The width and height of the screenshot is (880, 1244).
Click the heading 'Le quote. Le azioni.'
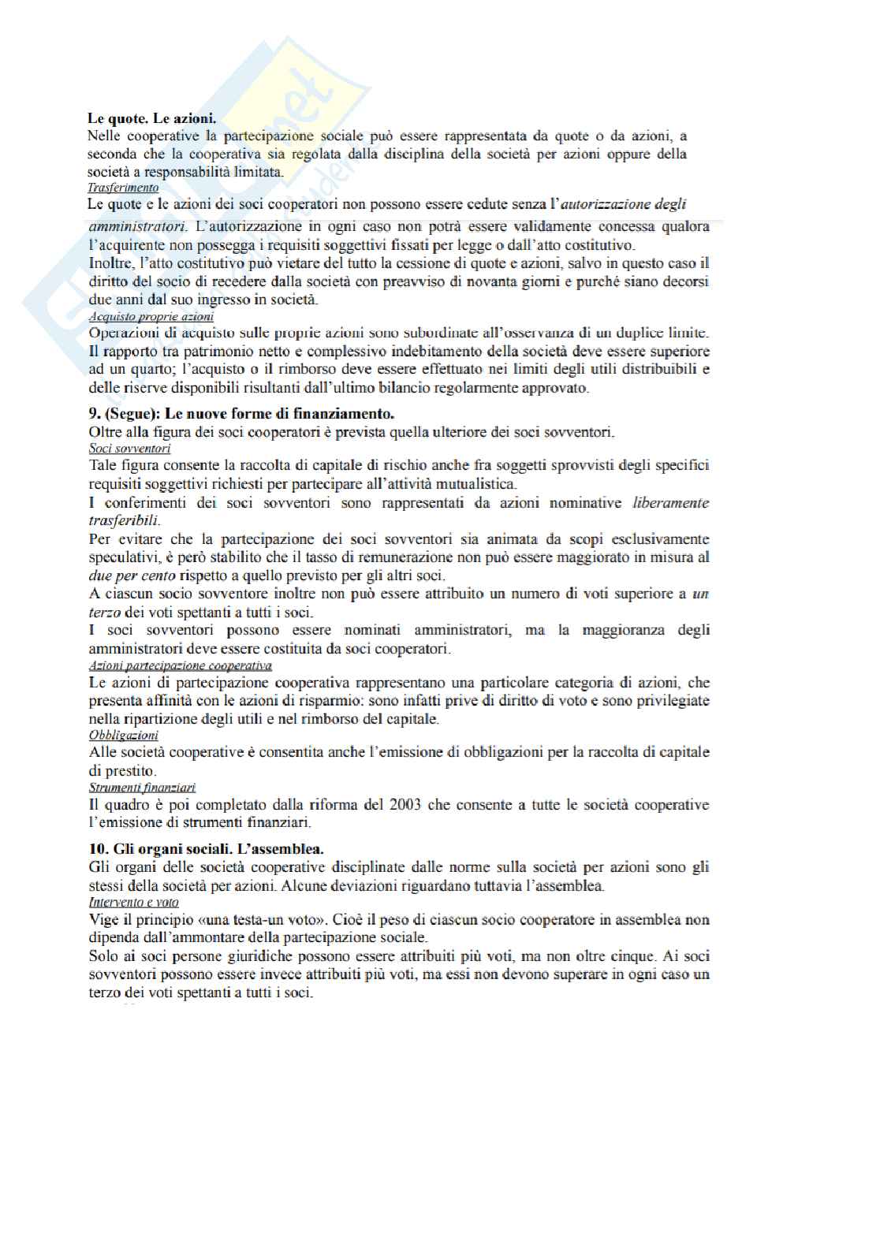[151, 119]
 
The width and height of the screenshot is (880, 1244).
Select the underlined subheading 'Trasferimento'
[123, 188]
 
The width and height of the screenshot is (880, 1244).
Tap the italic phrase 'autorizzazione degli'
[623, 204]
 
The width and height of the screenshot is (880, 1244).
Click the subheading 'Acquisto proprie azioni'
[151, 317]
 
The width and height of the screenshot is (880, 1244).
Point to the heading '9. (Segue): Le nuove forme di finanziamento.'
[241, 413]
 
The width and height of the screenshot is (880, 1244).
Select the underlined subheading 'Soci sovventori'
[129, 449]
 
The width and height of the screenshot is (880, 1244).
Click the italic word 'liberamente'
[670, 503]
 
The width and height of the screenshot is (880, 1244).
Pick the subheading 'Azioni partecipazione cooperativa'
[181, 665]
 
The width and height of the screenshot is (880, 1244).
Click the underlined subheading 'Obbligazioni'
[123, 736]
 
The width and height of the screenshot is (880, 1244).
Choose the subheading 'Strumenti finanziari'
[142, 788]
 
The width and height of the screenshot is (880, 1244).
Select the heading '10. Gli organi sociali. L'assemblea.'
[206, 849]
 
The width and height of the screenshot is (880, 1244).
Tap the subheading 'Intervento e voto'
[133, 902]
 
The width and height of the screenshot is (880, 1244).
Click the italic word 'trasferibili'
[125, 521]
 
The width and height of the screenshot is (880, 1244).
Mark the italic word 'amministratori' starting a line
[133, 227]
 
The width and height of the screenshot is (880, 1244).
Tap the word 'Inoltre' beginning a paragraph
[110, 263]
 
